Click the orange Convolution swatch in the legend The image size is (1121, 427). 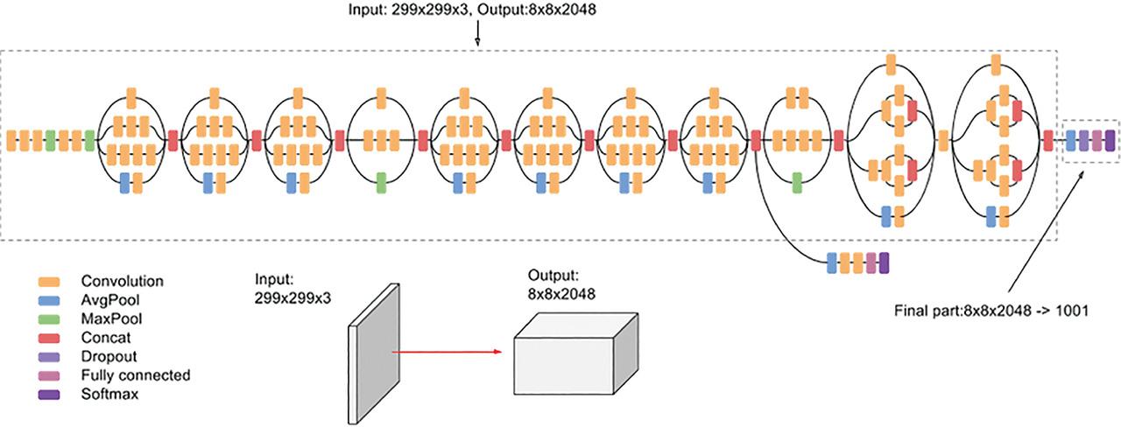49,282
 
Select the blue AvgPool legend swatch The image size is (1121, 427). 49,300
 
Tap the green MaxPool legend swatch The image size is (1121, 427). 49,319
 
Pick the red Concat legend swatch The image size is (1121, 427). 49,338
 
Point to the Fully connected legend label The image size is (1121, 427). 135,375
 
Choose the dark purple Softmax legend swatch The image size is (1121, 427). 49,395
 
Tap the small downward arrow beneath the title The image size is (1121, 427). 477,34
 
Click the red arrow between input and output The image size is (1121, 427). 447,353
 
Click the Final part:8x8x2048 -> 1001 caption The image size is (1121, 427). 991,311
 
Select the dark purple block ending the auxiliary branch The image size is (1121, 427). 884,262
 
